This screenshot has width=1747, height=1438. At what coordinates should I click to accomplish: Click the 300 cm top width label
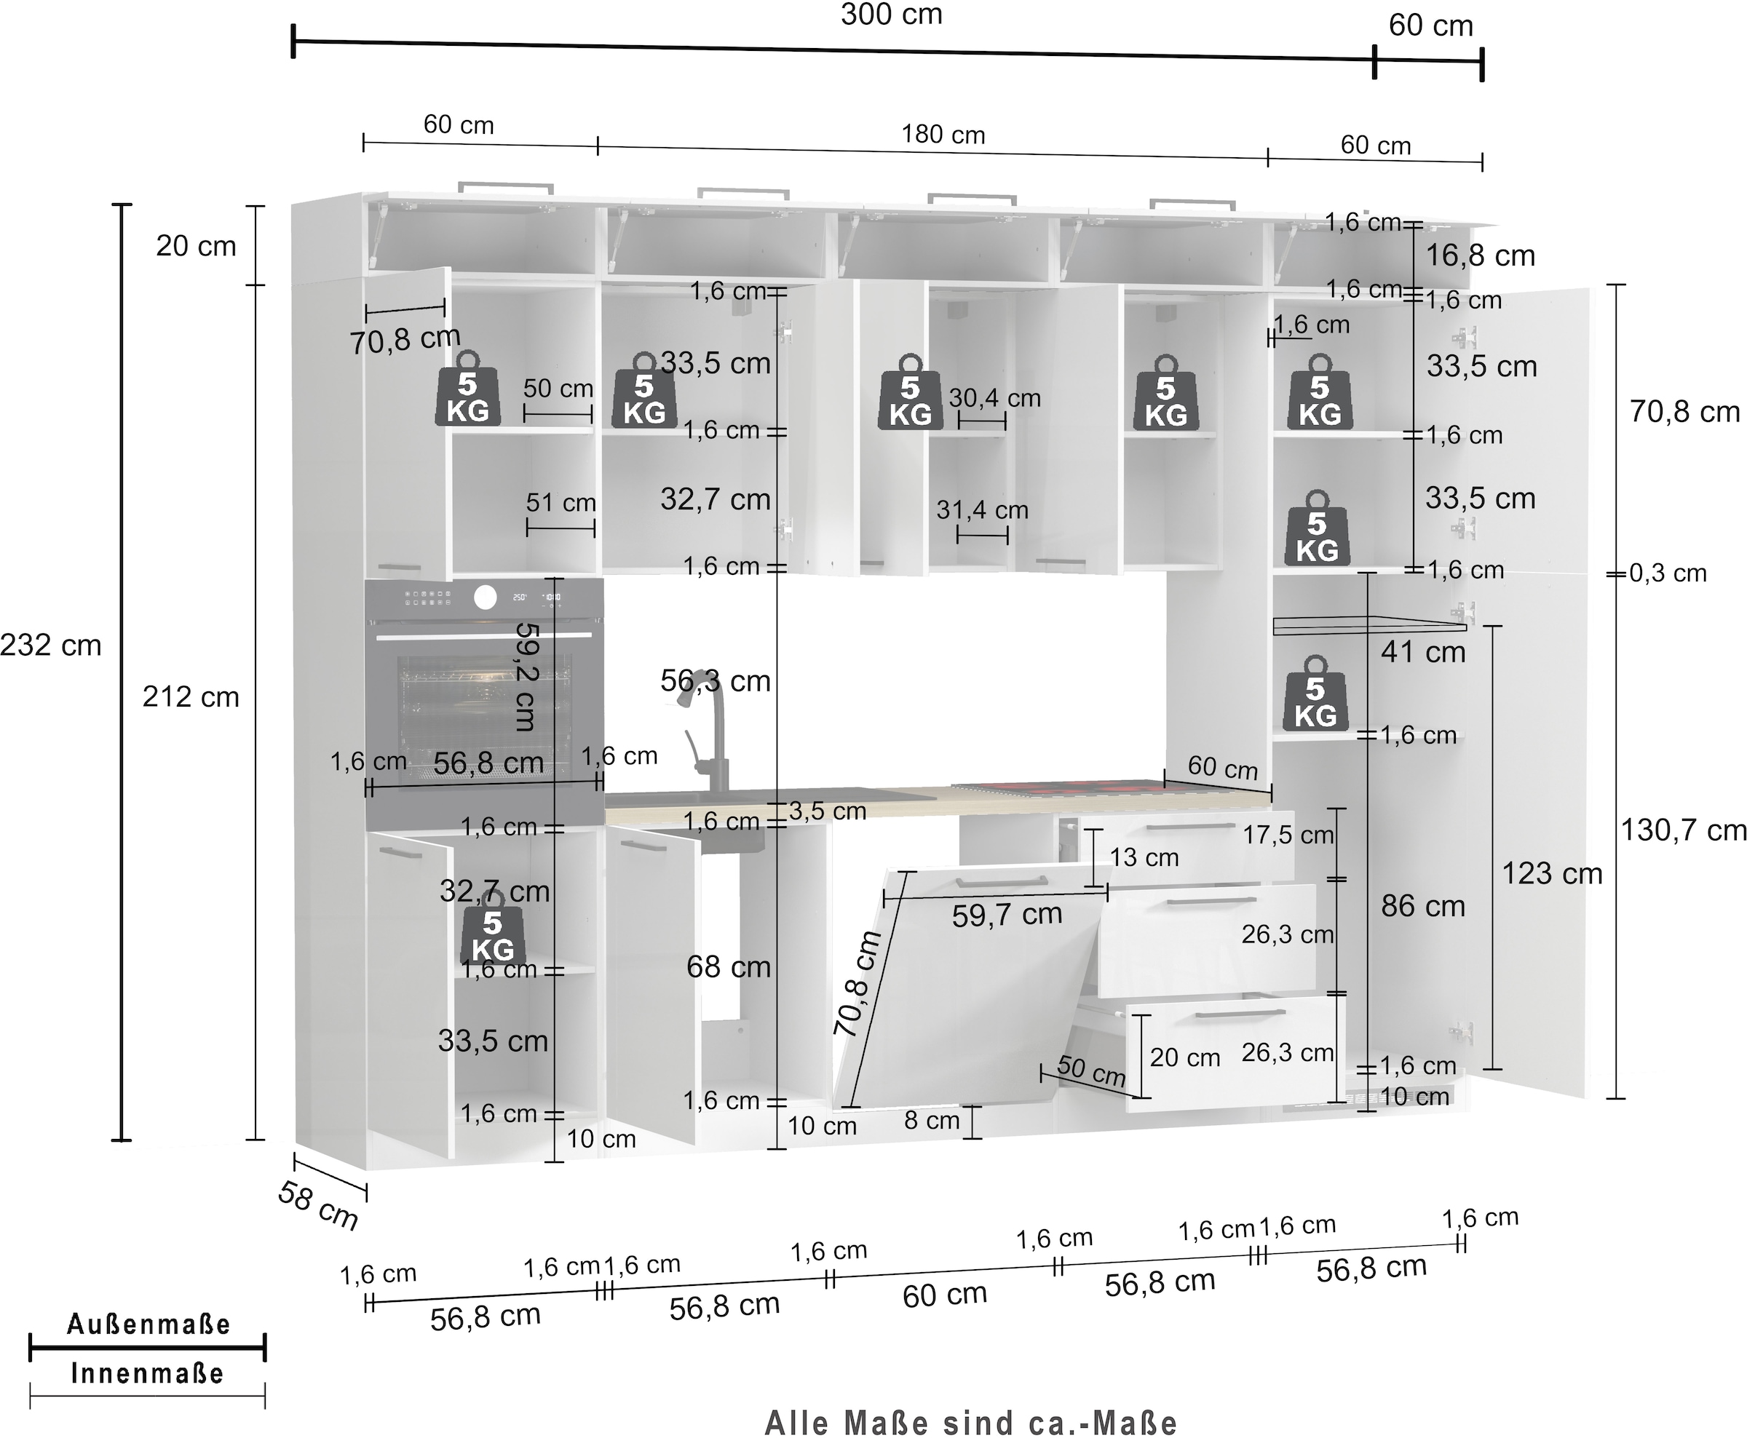891,15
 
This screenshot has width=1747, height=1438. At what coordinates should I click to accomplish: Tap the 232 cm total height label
50,645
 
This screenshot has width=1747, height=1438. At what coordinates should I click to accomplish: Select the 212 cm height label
191,696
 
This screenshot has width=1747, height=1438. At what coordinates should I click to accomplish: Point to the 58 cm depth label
318,1205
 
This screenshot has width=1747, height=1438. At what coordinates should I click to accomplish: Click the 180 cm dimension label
943,135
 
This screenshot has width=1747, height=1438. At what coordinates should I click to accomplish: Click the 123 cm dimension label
1551,873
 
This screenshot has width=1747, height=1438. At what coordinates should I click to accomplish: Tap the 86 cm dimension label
1422,905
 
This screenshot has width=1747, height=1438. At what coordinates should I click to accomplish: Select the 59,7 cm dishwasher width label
1007,915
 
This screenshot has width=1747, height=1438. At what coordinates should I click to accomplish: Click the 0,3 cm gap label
1668,573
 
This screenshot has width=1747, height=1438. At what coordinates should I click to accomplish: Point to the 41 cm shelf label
1422,652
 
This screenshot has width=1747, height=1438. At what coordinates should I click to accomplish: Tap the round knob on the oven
486,597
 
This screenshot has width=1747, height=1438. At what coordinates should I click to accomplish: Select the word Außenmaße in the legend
148,1324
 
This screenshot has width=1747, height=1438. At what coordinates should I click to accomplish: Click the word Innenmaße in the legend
148,1373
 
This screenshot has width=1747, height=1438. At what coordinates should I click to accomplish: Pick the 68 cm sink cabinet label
728,966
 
